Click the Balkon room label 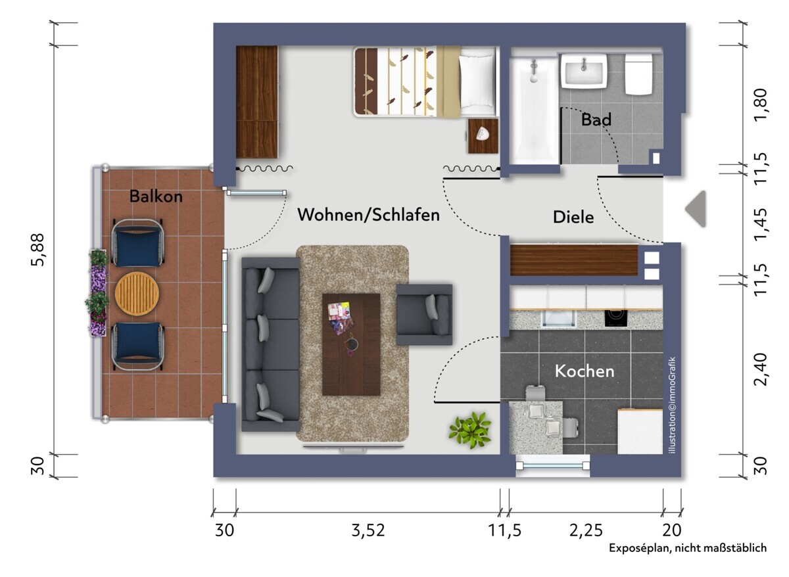tap(156, 196)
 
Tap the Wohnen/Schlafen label tap(368, 214)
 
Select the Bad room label tap(596, 120)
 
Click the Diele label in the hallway tap(573, 217)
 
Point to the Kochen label tap(584, 371)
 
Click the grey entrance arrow tap(695, 209)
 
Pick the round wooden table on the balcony tap(137, 293)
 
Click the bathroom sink tap(583, 71)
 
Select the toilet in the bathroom tap(638, 74)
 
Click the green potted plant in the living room tap(469, 430)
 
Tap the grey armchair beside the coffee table tap(424, 315)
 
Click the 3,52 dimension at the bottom tap(368, 530)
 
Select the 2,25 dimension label tap(585, 530)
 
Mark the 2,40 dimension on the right tap(761, 369)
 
